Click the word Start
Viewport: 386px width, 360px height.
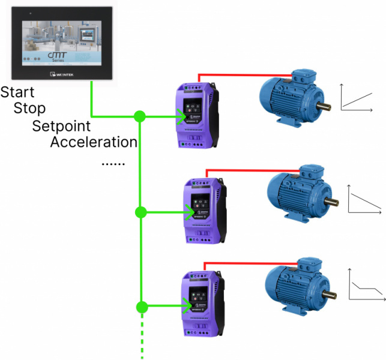coord(17,93)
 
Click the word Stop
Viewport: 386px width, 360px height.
coord(29,109)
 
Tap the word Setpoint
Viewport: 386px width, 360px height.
coord(61,127)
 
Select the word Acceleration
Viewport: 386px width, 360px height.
coord(94,143)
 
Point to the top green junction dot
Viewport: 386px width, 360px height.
coord(140,116)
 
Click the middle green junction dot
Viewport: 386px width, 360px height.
coord(140,212)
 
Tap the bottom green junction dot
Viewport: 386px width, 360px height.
coord(142,307)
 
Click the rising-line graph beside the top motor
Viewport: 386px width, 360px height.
coord(359,97)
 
